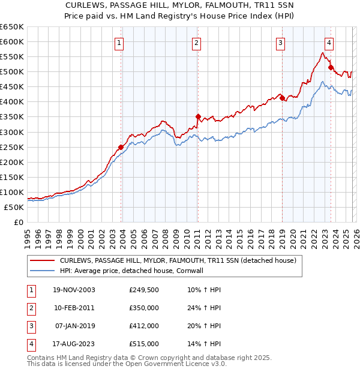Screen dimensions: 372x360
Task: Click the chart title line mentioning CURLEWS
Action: point(179,5)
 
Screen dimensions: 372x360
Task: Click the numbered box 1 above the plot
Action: point(120,43)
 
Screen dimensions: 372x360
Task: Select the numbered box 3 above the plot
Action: point(280,43)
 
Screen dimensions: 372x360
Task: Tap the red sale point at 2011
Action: point(198,116)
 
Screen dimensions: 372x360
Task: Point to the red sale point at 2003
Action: point(121,147)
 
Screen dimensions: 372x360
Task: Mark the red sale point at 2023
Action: point(331,67)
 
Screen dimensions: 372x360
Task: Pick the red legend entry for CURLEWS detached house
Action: point(178,261)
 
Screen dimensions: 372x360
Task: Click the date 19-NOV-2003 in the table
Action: point(73,290)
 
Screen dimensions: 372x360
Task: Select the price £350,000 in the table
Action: point(143,308)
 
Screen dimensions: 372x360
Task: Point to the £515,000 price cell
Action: point(143,344)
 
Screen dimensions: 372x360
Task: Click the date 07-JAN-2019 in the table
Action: point(73,326)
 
